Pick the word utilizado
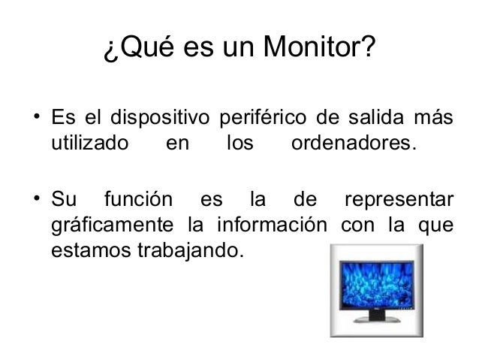pyautogui.click(x=89, y=141)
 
